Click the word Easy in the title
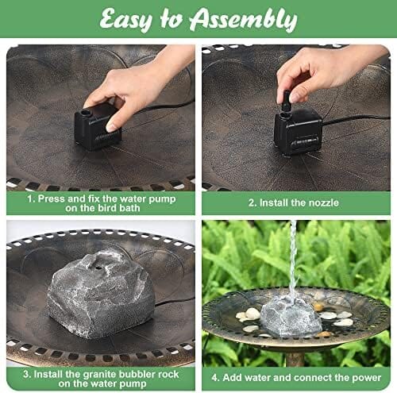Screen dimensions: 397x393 coord(126,19)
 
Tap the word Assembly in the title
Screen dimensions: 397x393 coord(244,19)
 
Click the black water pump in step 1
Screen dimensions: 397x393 coord(98,127)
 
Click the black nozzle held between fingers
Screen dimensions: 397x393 coord(286,101)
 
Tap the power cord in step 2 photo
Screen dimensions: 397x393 coord(356,119)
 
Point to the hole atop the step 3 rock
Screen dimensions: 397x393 coord(99,268)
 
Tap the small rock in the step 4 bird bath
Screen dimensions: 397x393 coord(291,316)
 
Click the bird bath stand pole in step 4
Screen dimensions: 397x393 coord(295,359)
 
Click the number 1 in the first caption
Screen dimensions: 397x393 coord(30,199)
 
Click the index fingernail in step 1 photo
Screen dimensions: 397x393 coord(111,128)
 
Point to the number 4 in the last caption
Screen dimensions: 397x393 coord(214,378)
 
